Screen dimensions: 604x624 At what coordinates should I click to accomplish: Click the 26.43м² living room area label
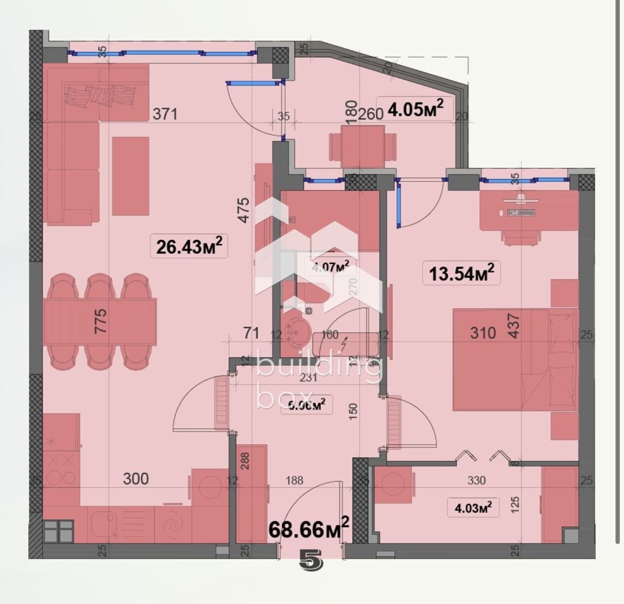click(189, 246)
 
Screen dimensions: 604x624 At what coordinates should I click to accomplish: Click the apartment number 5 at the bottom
click(311, 562)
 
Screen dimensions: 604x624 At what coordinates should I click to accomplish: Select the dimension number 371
click(165, 114)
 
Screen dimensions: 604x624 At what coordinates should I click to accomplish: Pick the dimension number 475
click(243, 210)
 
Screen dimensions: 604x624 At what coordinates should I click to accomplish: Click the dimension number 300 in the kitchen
click(135, 479)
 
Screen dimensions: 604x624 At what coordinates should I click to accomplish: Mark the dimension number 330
click(477, 481)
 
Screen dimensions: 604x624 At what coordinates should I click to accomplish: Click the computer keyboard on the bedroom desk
click(520, 212)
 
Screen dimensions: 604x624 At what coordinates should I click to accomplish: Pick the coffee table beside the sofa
click(130, 176)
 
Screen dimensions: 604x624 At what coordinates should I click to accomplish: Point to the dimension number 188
click(294, 481)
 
